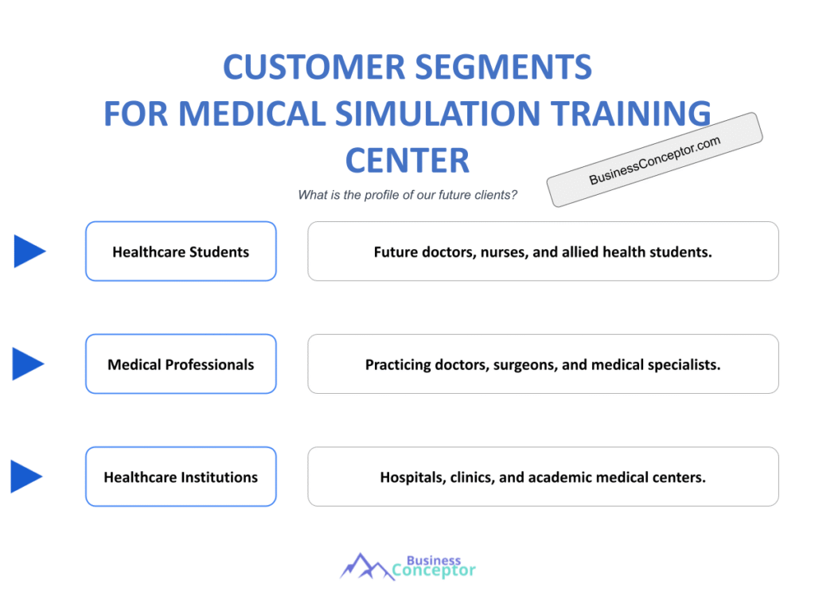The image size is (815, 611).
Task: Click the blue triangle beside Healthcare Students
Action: point(29,251)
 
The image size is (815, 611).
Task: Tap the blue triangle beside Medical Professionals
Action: point(29,364)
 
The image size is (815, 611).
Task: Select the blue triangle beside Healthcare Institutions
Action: point(26,477)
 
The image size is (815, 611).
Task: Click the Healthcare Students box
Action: point(181,251)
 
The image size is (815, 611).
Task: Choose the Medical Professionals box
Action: point(181,364)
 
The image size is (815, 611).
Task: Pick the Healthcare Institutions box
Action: point(181,477)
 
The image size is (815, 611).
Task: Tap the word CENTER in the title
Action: point(407,160)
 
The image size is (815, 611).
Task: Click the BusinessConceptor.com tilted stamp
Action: point(654,160)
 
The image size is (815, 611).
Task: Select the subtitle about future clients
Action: point(407,195)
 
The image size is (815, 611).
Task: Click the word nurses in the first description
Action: point(509,252)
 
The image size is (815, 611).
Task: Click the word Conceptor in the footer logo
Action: point(435,570)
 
